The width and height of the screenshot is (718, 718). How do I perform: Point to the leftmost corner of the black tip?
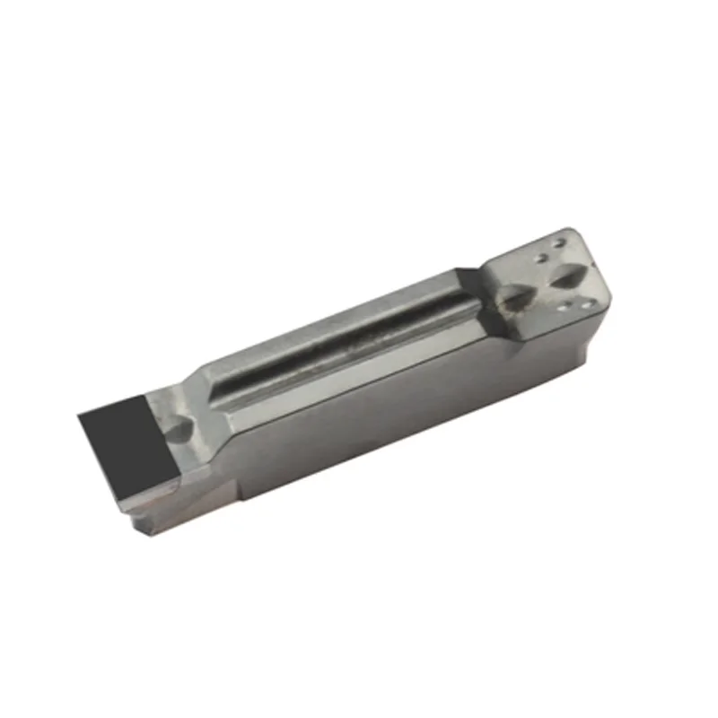79,412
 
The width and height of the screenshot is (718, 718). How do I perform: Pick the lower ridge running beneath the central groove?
359,363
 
